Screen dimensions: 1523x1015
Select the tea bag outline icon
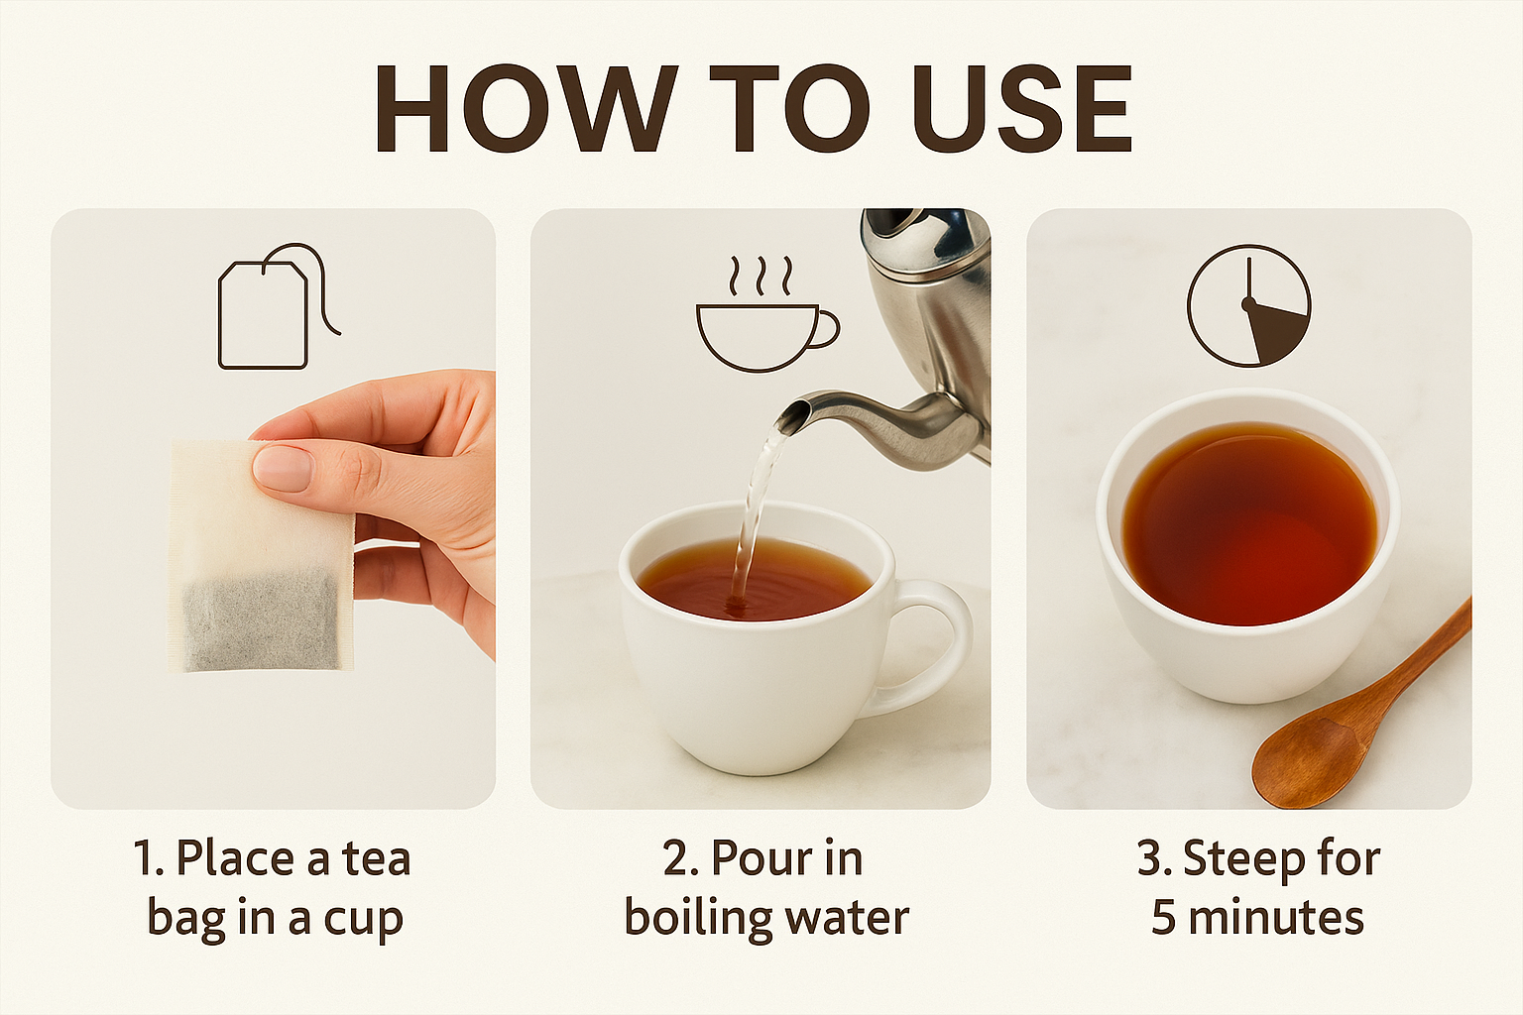(x=278, y=306)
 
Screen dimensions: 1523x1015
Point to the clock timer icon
(x=1248, y=305)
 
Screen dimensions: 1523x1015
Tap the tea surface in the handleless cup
(x=1249, y=522)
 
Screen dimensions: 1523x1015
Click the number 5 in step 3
(x=1164, y=919)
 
